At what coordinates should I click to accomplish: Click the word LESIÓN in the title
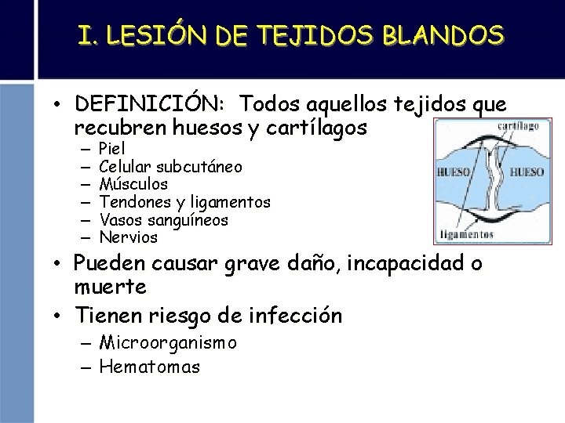(159, 34)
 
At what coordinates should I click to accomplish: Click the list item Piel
(114, 148)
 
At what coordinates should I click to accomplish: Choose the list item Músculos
(133, 184)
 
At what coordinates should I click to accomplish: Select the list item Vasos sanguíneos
(164, 220)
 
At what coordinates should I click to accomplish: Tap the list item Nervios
(129, 237)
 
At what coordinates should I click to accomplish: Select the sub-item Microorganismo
(168, 343)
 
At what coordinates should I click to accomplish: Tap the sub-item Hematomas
(150, 367)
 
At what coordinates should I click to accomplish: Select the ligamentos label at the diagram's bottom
(467, 233)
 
